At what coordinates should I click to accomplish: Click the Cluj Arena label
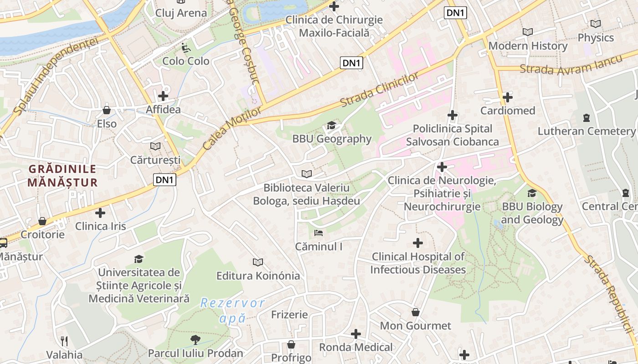[181, 13]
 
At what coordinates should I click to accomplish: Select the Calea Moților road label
[232, 128]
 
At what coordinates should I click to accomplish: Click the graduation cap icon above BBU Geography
[331, 125]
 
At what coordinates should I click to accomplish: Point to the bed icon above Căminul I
[319, 233]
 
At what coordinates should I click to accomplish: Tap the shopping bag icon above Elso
[107, 110]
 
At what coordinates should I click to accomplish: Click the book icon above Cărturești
[155, 146]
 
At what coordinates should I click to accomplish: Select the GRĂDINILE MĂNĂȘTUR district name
[62, 176]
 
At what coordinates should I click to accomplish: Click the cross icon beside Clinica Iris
[100, 212]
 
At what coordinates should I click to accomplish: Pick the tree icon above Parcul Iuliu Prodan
[196, 339]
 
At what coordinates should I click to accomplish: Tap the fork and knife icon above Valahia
[64, 341]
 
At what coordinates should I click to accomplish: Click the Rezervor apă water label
[232, 310]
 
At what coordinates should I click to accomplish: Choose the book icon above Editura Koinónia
[258, 262]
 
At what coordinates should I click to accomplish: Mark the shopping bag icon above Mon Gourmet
[415, 312]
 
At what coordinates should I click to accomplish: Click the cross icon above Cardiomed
[508, 97]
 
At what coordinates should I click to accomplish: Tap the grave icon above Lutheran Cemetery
[586, 118]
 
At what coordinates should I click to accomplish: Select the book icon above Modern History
[528, 32]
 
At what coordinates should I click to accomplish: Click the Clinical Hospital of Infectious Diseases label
[418, 263]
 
